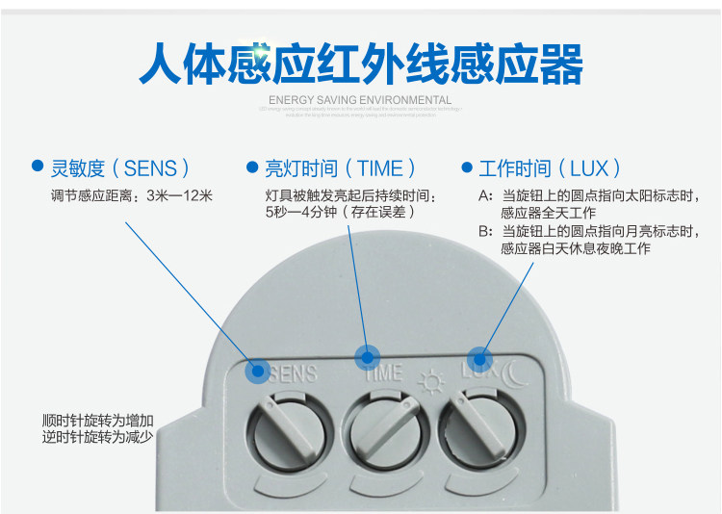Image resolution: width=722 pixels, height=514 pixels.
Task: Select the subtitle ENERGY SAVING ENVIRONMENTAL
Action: pos(360,100)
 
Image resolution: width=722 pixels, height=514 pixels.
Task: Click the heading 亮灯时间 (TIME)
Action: pos(339,168)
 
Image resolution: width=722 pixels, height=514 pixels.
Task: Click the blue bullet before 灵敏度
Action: pos(38,167)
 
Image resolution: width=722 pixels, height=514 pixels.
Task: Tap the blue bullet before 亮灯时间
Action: pos(252,167)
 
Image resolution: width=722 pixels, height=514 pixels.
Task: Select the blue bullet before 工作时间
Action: pos(467,167)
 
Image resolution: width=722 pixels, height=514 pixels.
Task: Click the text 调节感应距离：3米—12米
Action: pos(132,195)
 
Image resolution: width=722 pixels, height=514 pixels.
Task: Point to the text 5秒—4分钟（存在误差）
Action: pos(339,212)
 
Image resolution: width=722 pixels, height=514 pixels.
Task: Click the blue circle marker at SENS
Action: pos(257,372)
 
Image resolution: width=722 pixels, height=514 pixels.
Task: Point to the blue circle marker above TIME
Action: pos(367,358)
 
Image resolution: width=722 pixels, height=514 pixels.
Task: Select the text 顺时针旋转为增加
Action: pos(98,421)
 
